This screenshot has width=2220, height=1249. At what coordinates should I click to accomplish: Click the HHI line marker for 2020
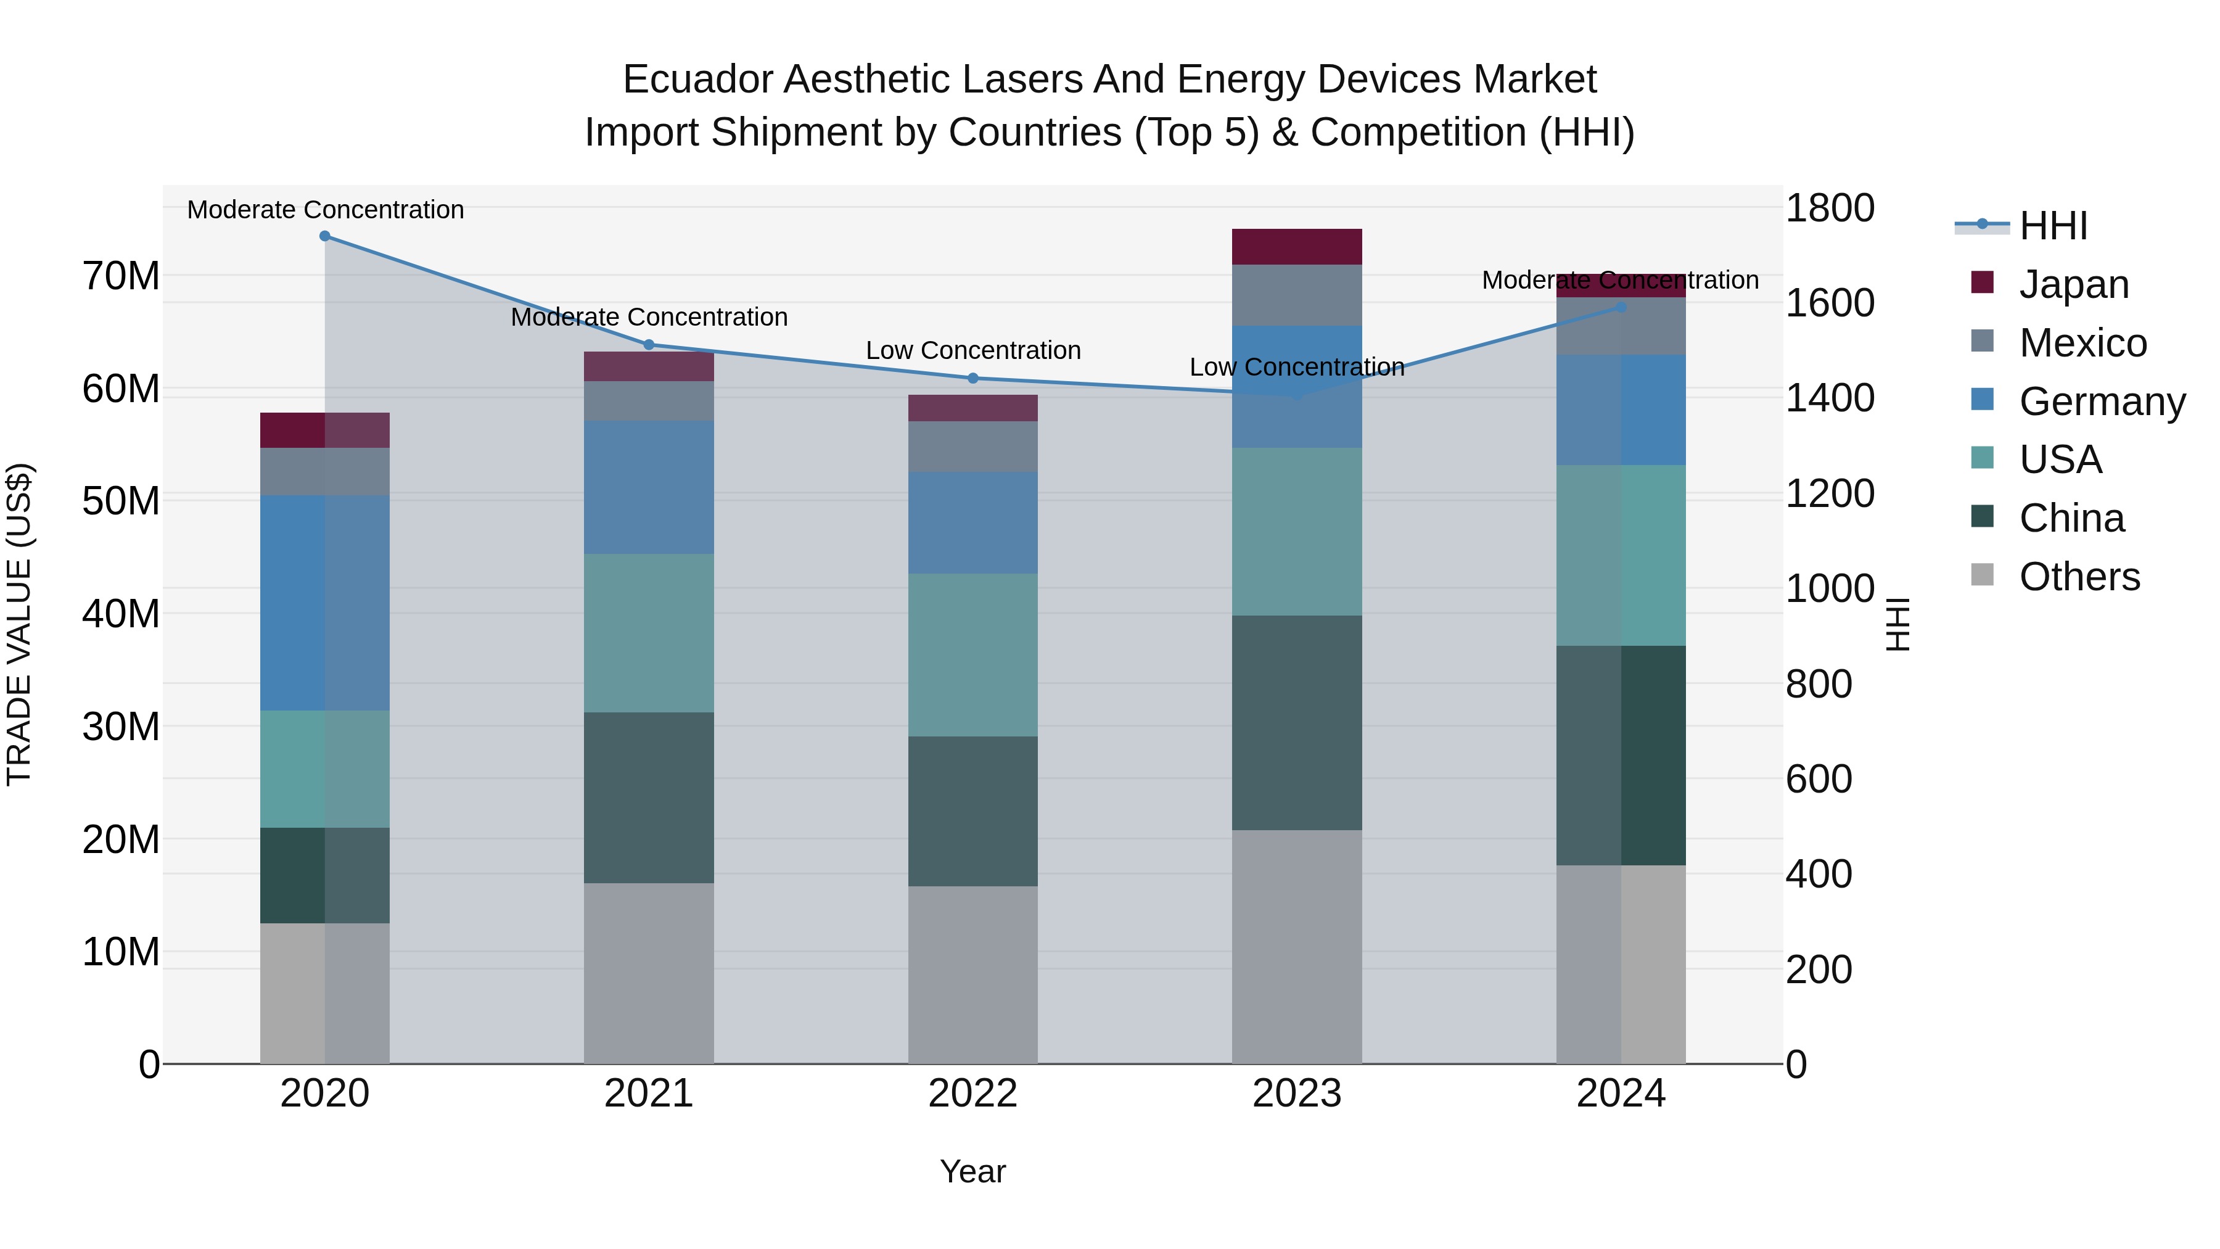click(325, 236)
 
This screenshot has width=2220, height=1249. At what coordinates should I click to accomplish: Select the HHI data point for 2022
click(973, 379)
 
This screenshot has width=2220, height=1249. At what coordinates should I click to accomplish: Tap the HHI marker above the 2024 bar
click(1621, 307)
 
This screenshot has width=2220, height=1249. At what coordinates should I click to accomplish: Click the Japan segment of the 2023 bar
click(1297, 247)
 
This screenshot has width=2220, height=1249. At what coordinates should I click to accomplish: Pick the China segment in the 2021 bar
click(649, 798)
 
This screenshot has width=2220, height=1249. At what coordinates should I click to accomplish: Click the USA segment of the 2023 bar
click(1297, 531)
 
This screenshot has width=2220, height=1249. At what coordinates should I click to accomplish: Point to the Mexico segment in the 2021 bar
click(649, 401)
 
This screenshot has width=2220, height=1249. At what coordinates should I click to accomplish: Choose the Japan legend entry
click(2073, 284)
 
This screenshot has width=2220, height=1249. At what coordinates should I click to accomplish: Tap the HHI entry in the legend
click(2053, 226)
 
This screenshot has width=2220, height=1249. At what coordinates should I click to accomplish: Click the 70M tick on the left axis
click(121, 277)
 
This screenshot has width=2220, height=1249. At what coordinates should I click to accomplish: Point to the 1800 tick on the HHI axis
click(1830, 208)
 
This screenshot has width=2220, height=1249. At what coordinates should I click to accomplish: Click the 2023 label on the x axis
click(1297, 1094)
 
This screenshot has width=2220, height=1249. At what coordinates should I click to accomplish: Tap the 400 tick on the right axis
click(1819, 874)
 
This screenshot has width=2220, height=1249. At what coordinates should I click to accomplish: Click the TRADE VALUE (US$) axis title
click(19, 624)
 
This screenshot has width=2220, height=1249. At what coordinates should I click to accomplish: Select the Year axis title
click(973, 1171)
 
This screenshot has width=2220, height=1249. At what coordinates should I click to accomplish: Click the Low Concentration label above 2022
click(973, 351)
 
